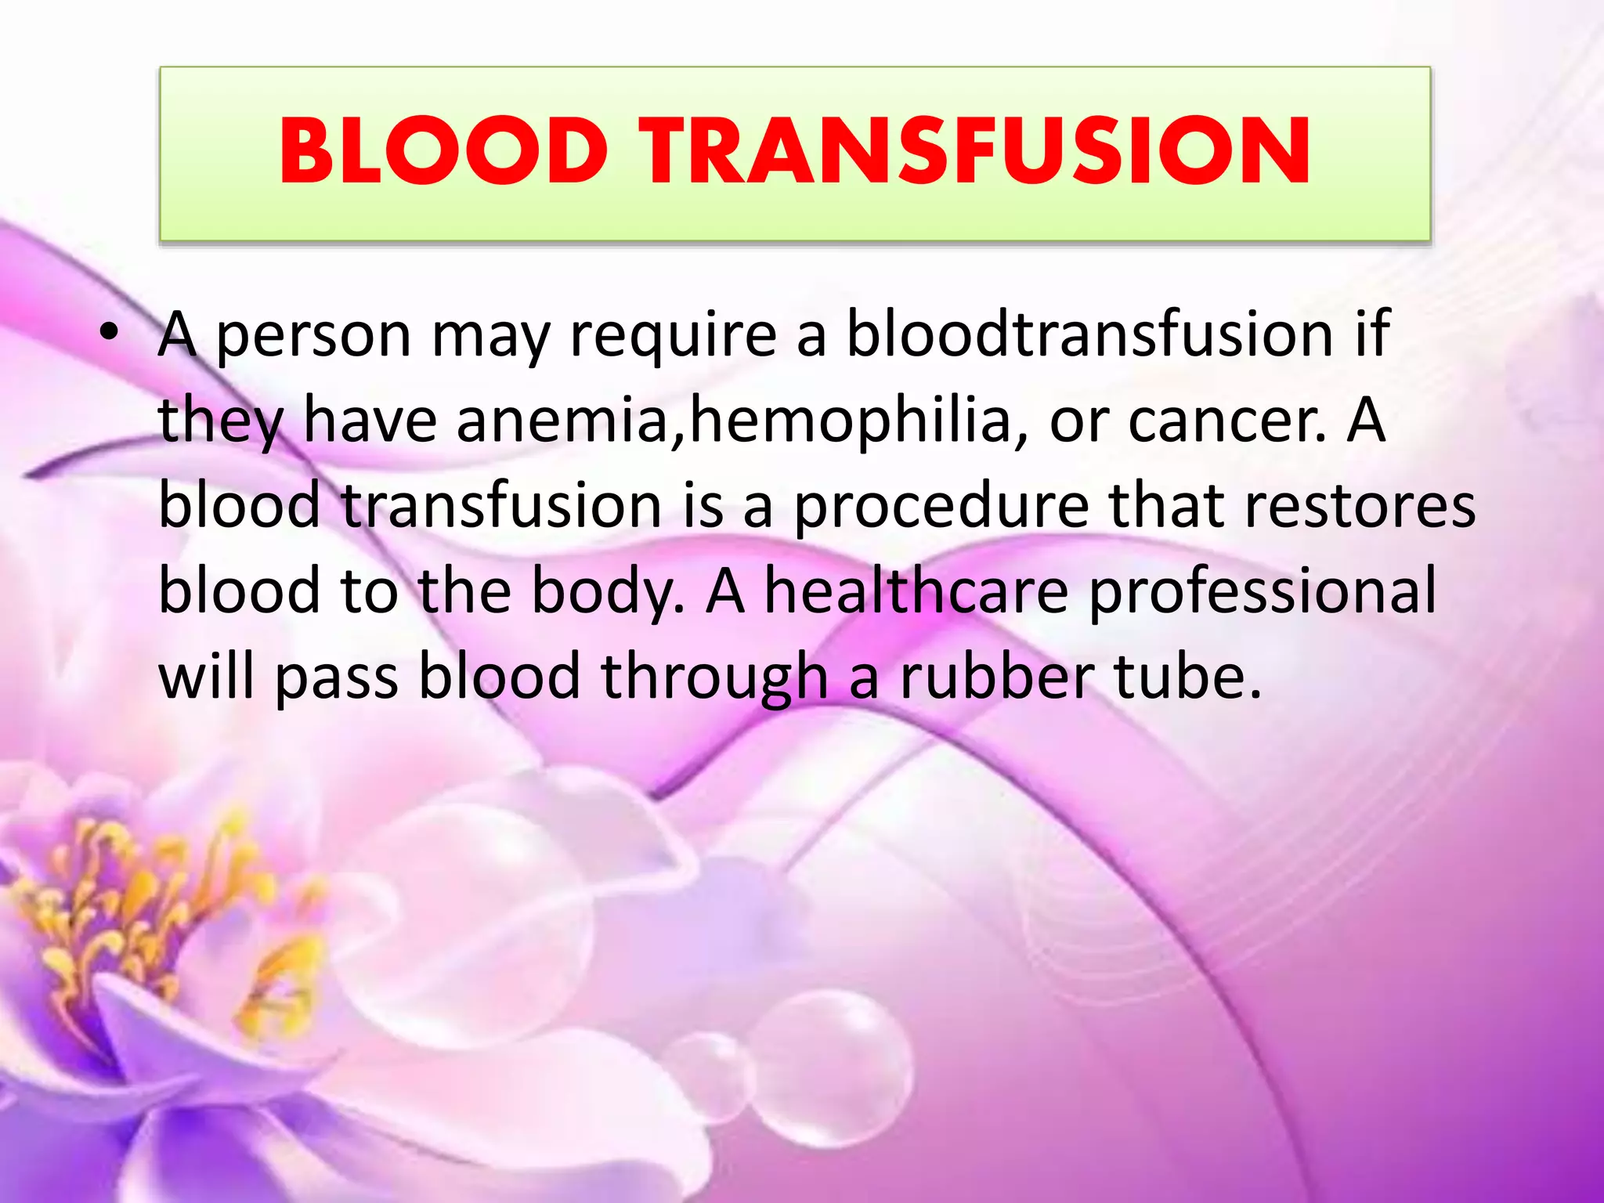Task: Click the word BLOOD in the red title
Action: click(443, 150)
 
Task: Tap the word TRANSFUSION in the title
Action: click(974, 150)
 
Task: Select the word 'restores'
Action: click(1360, 506)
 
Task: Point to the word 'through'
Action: click(714, 678)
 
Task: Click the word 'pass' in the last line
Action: click(337, 678)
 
